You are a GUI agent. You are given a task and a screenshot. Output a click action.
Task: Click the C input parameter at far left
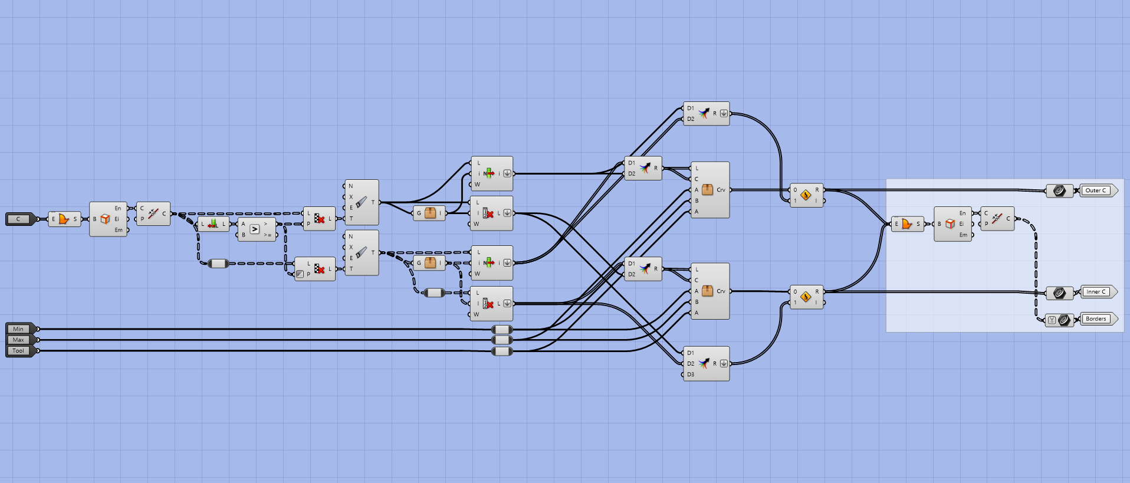coord(19,219)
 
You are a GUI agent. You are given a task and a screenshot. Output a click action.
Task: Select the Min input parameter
coord(19,329)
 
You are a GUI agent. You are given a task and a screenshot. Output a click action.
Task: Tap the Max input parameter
coord(19,340)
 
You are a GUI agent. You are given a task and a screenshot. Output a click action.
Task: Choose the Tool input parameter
coord(19,351)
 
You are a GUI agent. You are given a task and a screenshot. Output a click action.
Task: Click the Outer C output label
coord(1096,190)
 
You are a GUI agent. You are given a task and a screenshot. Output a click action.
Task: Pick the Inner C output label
coord(1096,292)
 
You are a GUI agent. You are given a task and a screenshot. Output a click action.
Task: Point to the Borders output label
coord(1096,319)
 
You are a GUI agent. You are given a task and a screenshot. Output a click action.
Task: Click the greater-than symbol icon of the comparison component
coord(255,229)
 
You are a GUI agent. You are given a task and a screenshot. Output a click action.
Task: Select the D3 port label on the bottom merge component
coord(691,374)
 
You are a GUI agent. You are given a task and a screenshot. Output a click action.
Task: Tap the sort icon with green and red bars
coord(213,224)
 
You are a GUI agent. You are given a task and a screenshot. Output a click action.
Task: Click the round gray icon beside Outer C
coord(1059,190)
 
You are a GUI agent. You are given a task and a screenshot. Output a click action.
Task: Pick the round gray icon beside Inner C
coord(1059,293)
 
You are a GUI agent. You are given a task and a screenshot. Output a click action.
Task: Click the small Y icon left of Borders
coord(1052,320)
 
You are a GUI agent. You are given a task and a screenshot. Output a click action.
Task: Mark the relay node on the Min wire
coord(502,329)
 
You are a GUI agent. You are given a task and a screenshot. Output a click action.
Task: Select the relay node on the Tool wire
coord(502,351)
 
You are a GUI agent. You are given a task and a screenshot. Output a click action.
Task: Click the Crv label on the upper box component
coord(721,190)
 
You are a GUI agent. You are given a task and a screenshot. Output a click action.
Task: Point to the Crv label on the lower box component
coord(721,291)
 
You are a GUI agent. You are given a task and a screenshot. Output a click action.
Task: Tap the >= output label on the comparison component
coord(268,235)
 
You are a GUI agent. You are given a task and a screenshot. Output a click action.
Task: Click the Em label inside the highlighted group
coord(963,235)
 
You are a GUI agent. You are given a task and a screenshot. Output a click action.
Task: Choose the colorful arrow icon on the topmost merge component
coord(704,114)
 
